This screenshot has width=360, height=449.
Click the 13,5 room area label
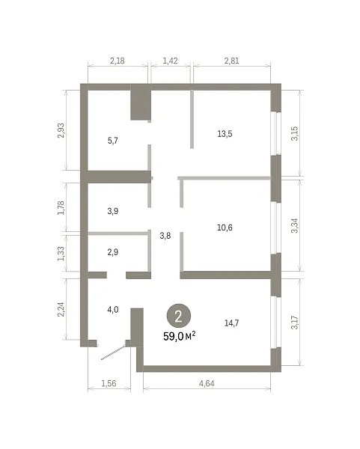[225, 134]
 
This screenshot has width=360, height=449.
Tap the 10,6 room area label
[225, 227]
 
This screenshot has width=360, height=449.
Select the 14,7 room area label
[231, 323]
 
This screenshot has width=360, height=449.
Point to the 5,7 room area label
[112, 141]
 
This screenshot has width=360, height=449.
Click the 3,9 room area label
[112, 211]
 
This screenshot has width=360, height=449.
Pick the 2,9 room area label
[112, 252]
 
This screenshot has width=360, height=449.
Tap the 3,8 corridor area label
[165, 236]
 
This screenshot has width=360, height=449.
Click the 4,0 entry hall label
[112, 310]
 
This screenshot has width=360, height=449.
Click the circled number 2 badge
[178, 317]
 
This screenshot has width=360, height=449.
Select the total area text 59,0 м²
[180, 336]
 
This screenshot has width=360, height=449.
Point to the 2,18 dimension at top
[118, 61]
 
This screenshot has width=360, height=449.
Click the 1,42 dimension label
[170, 61]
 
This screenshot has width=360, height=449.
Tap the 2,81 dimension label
[231, 61]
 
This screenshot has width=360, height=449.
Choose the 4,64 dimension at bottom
[207, 383]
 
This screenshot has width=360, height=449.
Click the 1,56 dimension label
[109, 383]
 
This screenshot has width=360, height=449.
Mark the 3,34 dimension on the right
[294, 226]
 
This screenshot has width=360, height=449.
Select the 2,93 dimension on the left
[61, 130]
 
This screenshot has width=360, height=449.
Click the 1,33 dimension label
[61, 254]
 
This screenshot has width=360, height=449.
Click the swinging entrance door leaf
[114, 352]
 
